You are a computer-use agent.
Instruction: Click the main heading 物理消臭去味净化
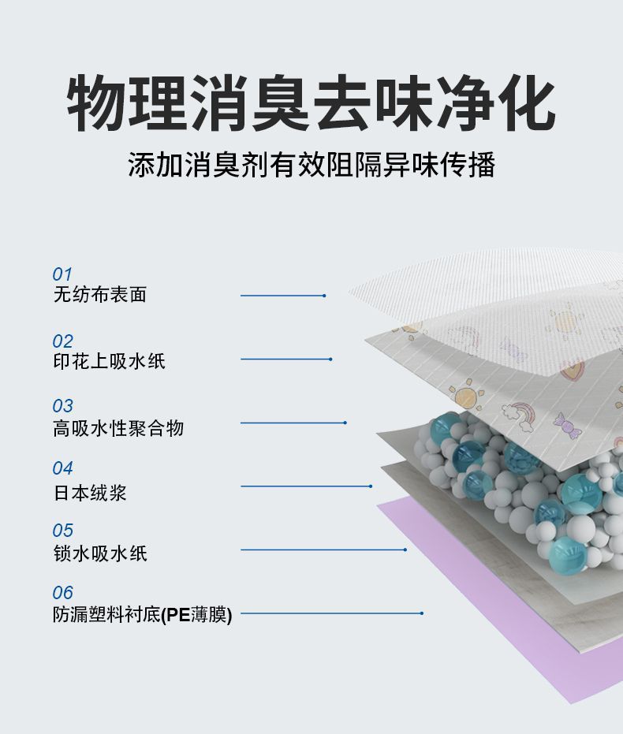[x=311, y=103]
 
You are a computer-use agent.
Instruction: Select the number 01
[x=62, y=274]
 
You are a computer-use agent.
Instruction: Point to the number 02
[x=62, y=341]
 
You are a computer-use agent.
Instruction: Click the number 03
[x=62, y=406]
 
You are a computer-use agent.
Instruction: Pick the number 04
[x=62, y=468]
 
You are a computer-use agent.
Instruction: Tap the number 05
[x=62, y=530]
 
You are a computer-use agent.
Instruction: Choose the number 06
[x=62, y=592]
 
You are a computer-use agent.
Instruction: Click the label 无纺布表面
[x=99, y=295]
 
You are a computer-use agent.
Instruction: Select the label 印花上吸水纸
[x=109, y=362]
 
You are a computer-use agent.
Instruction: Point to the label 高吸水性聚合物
[x=118, y=428]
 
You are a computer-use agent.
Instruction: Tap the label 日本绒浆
[x=90, y=493]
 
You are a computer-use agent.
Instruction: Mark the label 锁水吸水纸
[x=99, y=553]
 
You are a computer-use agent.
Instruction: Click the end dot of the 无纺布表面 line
[x=324, y=296]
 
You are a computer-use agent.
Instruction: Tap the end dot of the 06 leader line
[x=422, y=613]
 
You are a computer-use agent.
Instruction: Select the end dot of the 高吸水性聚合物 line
[x=345, y=423]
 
